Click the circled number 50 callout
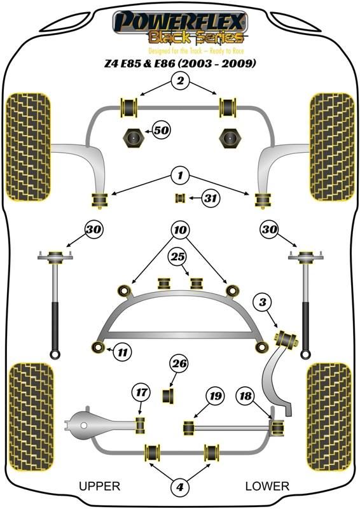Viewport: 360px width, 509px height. pyautogui.click(x=162, y=130)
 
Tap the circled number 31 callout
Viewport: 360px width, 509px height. pyautogui.click(x=211, y=197)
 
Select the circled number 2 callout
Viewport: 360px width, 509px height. pyautogui.click(x=180, y=80)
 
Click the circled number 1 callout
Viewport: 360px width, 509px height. pyautogui.click(x=180, y=176)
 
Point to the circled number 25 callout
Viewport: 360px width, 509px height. pyautogui.click(x=177, y=257)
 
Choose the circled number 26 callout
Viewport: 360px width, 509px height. pyautogui.click(x=179, y=363)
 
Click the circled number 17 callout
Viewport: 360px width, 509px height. pyautogui.click(x=141, y=393)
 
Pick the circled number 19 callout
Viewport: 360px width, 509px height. pyautogui.click(x=215, y=396)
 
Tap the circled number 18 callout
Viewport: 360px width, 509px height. pyautogui.click(x=246, y=396)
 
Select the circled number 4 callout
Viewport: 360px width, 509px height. pyautogui.click(x=180, y=487)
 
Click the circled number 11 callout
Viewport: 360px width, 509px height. pyautogui.click(x=122, y=352)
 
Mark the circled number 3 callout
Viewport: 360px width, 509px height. pyautogui.click(x=263, y=302)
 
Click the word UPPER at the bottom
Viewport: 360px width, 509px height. pyautogui.click(x=100, y=486)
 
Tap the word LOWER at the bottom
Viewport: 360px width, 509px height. pyautogui.click(x=267, y=486)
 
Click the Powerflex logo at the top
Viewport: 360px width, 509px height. pyautogui.click(x=181, y=28)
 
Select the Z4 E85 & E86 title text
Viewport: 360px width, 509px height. pyautogui.click(x=180, y=62)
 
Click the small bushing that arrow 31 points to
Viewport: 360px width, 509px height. pyautogui.click(x=180, y=197)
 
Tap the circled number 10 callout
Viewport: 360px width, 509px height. pyautogui.click(x=180, y=230)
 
